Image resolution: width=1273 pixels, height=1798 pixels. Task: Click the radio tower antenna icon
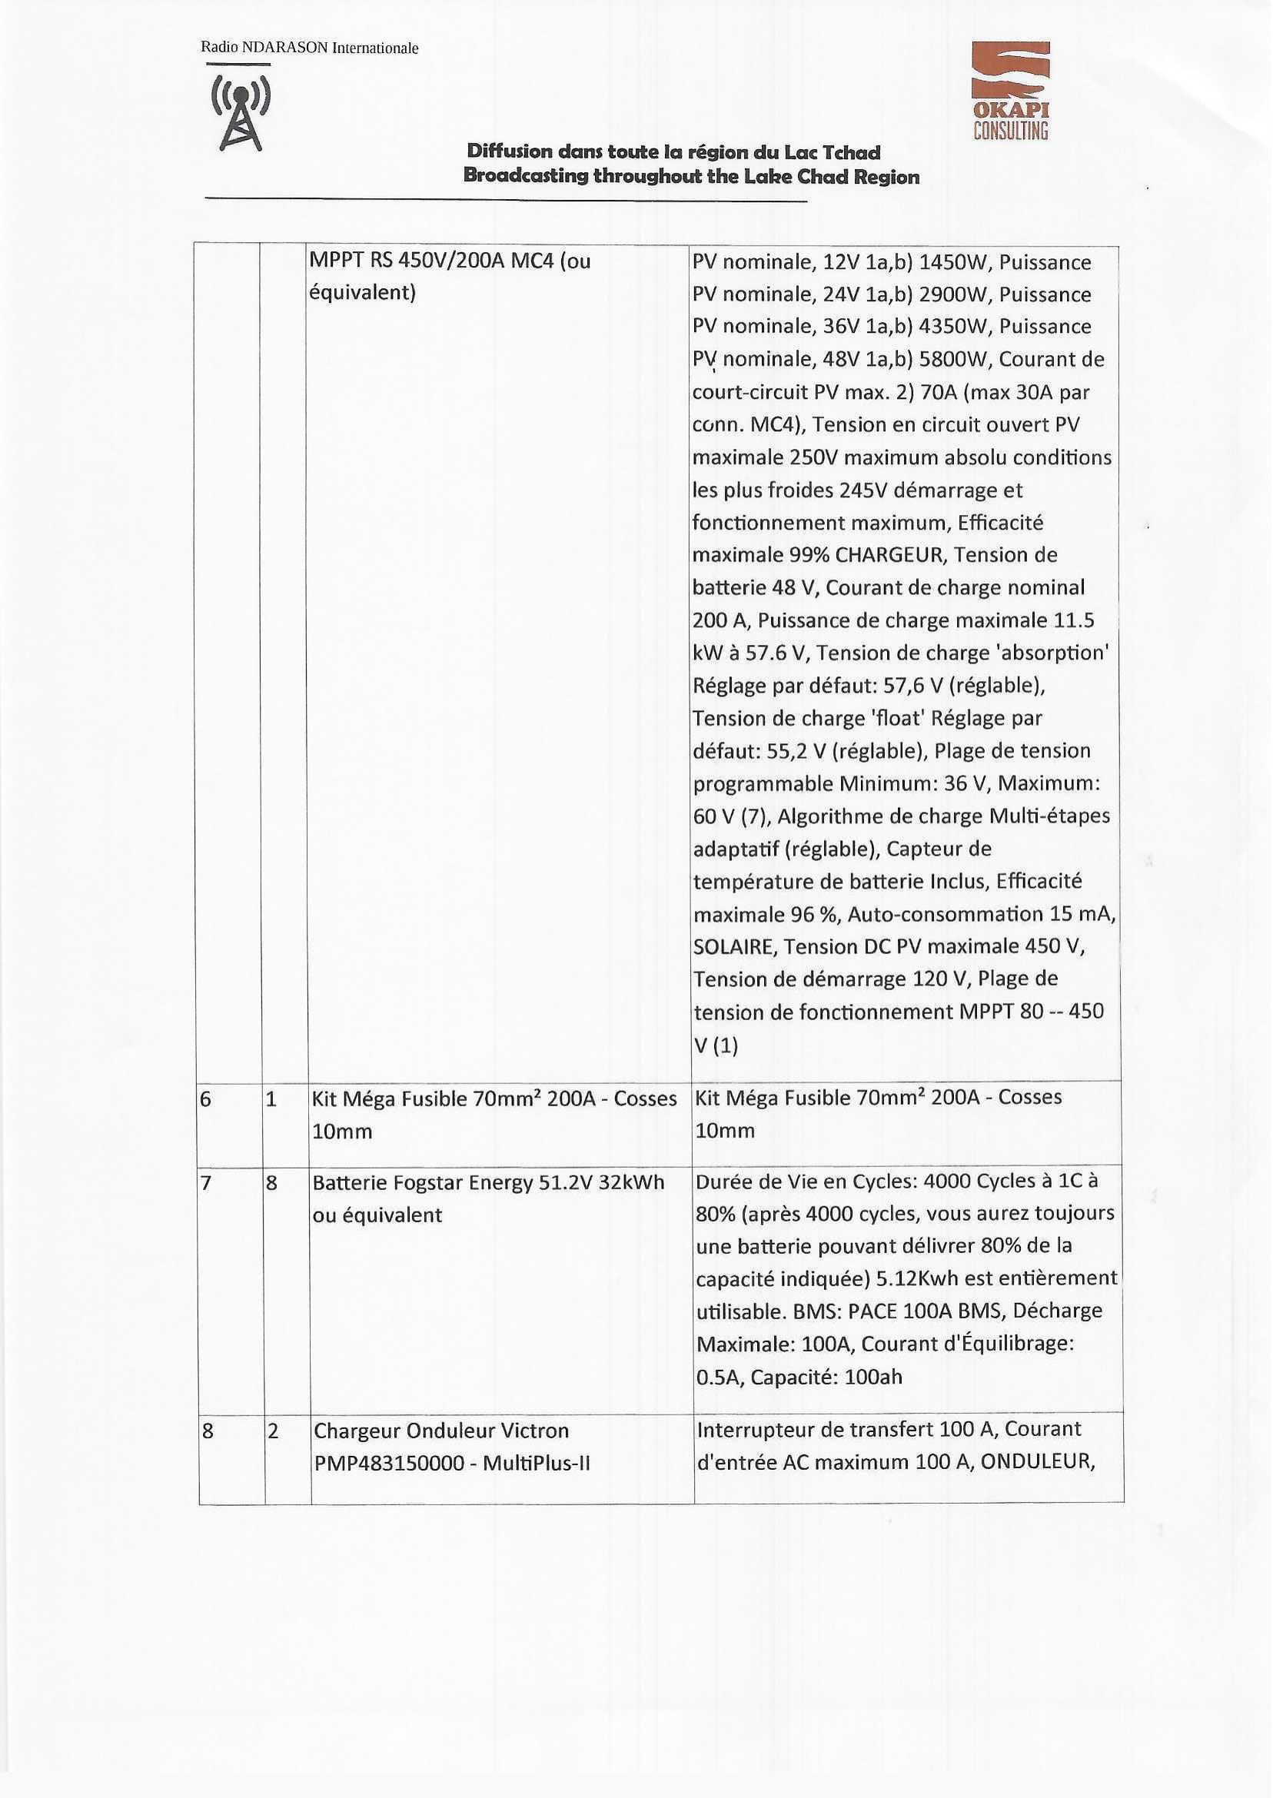coord(241,112)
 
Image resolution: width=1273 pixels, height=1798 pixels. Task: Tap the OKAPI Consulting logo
coord(1010,91)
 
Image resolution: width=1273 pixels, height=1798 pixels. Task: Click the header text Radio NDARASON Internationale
coord(310,48)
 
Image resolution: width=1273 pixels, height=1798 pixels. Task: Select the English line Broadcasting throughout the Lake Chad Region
coord(690,176)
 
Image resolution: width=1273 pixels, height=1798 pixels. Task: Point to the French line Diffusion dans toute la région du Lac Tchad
coord(673,151)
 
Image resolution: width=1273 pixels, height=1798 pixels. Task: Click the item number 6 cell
coord(206,1100)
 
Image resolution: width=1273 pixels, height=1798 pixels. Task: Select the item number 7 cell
coord(206,1183)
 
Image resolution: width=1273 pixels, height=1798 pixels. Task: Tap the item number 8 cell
coord(208,1431)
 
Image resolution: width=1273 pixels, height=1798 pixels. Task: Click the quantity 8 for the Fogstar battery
coord(271,1183)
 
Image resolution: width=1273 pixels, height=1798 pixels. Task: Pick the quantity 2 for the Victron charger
coord(273,1431)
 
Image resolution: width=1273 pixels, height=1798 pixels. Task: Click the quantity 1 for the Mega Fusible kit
coord(271,1100)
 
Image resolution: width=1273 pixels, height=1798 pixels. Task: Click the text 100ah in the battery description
coord(873,1377)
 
